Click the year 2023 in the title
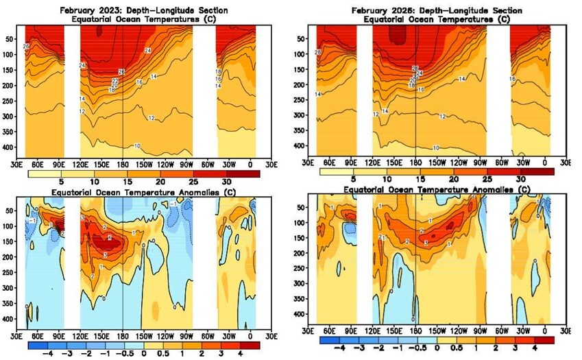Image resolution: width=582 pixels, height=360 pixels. tap(106, 11)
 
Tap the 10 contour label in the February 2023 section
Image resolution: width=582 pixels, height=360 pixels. tap(137, 146)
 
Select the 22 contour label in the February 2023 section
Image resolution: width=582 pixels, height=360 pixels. tap(115, 81)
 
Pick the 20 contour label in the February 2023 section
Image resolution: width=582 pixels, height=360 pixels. tap(114, 86)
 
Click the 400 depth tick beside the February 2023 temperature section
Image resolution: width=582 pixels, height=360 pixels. tap(14, 147)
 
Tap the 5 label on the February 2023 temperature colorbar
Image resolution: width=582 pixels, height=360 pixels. tap(61, 182)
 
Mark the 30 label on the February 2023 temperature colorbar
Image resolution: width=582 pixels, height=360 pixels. tap(227, 182)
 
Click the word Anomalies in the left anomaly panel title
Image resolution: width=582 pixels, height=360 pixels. tap(184, 193)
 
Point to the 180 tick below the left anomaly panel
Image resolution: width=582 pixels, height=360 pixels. tap(122, 336)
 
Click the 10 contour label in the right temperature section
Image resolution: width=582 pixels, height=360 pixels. tap(435, 148)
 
